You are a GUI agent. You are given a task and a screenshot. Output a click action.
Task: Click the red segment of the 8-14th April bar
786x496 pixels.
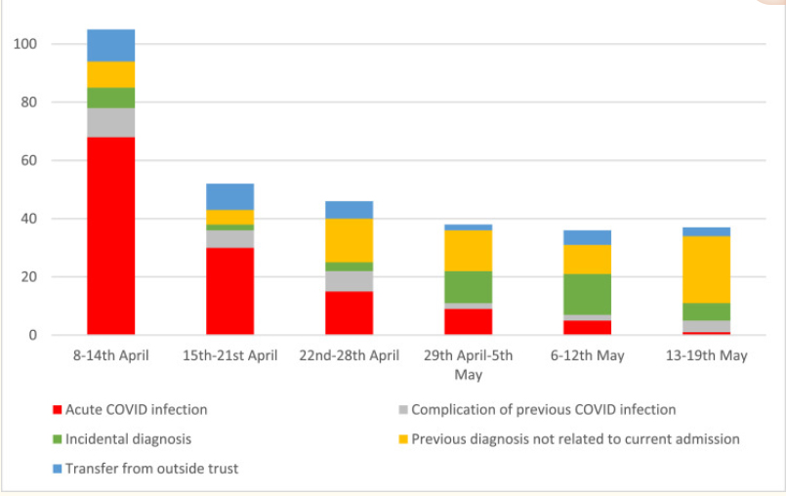pyautogui.click(x=110, y=235)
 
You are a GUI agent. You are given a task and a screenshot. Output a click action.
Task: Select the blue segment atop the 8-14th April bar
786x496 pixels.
pyautogui.click(x=110, y=45)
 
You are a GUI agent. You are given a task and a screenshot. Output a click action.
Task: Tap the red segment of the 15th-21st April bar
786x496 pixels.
pyautogui.click(x=229, y=291)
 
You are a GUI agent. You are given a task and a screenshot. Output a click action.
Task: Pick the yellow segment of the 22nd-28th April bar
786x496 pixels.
pyautogui.click(x=349, y=240)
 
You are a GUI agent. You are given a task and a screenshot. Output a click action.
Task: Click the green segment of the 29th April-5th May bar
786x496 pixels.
pyautogui.click(x=468, y=287)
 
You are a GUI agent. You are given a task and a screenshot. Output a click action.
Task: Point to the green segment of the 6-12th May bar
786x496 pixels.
pyautogui.click(x=587, y=294)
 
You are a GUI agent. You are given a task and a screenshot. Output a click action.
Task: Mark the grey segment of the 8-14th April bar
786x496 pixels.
pyautogui.click(x=110, y=122)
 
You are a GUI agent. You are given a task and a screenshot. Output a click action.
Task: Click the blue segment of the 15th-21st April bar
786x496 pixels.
pyautogui.click(x=229, y=196)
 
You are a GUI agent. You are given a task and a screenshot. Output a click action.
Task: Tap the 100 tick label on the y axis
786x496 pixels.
pyautogui.click(x=26, y=44)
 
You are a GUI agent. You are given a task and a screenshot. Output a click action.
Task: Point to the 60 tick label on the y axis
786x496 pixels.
pyautogui.click(x=30, y=160)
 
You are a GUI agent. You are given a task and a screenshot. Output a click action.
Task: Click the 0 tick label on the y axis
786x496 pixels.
pyautogui.click(x=34, y=335)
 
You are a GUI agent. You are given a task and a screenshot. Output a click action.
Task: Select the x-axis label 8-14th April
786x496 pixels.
pyautogui.click(x=110, y=355)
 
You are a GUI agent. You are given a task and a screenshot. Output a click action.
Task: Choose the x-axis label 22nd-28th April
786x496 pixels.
pyautogui.click(x=349, y=355)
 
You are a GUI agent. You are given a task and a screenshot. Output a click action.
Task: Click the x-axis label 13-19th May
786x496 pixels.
pyautogui.click(x=706, y=355)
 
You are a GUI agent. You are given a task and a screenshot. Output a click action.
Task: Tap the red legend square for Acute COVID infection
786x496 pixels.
pyautogui.click(x=57, y=410)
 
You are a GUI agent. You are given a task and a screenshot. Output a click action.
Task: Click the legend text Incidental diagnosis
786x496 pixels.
pyautogui.click(x=128, y=439)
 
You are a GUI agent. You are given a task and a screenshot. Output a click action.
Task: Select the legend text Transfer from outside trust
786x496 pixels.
pyautogui.click(x=151, y=469)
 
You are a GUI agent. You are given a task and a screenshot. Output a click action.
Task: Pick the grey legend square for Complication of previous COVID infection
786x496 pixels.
pyautogui.click(x=402, y=410)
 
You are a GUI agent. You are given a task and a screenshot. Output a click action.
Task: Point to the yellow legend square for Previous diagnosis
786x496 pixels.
pyautogui.click(x=402, y=439)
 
